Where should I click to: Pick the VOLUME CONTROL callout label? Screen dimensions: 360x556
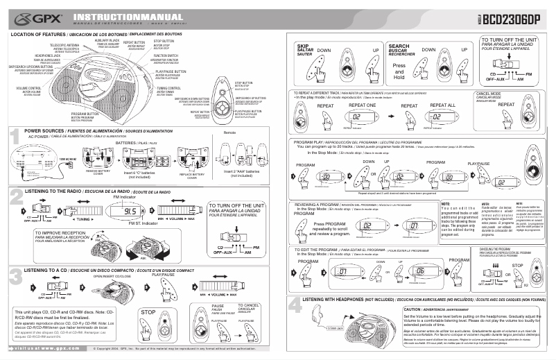pos(28,89)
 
